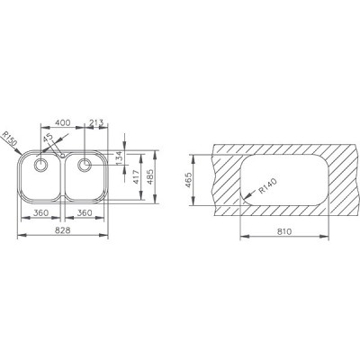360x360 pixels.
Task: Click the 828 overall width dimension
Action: click(63, 230)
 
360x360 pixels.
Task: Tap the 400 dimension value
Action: click(63, 122)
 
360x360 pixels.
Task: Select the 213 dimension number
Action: click(96, 122)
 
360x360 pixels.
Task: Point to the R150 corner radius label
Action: click(9, 139)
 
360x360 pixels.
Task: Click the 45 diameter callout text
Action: click(48, 138)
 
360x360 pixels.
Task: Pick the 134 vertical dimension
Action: click(119, 158)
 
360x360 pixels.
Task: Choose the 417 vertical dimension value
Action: click(136, 177)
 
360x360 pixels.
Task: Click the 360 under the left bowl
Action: click(40, 212)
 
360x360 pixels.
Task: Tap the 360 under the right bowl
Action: click(85, 212)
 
